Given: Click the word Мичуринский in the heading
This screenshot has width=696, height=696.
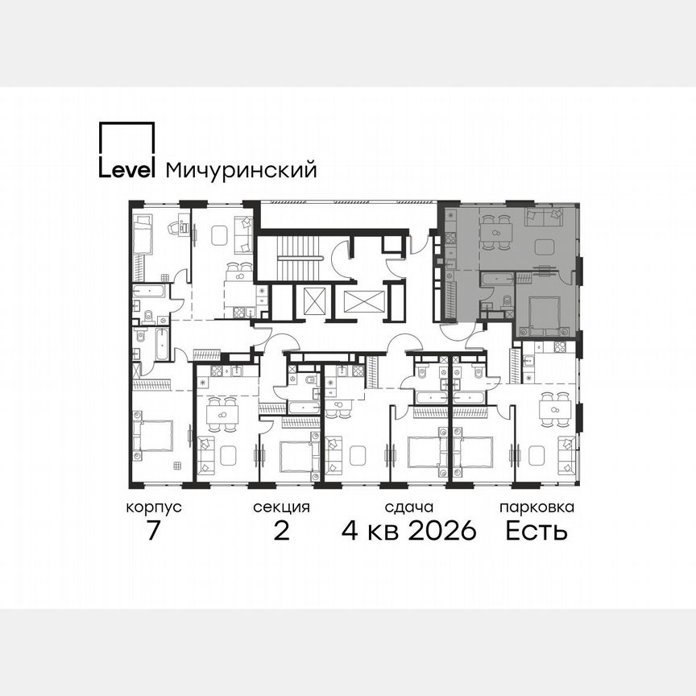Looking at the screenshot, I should point(240,170).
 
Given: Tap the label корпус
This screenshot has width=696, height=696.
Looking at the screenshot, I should point(153,507).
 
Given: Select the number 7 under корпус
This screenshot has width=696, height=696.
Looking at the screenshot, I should point(153,531).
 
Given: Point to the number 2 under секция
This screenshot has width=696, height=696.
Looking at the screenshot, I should point(281,531).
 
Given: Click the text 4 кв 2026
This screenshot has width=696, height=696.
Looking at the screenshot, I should point(408,531).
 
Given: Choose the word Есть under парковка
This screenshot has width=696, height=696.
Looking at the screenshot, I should point(536,531).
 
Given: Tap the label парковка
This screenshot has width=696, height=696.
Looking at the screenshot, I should point(536,507).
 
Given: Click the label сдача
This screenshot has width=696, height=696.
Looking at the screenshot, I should point(408,507).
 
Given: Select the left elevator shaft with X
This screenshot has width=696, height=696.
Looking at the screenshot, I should point(312,301).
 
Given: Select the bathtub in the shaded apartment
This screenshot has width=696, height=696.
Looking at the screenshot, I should point(498,279).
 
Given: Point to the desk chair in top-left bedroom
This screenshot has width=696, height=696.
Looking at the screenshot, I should point(172,229).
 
